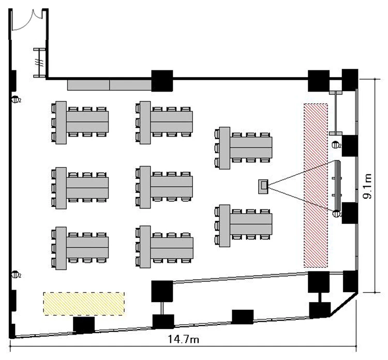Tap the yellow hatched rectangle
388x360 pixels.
coord(84,303)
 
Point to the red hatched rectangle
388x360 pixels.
coord(316,185)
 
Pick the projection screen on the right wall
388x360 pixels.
coord(338,185)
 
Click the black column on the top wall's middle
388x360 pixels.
coord(161,80)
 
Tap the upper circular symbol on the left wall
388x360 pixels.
coord(16,100)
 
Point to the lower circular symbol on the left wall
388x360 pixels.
coord(16,275)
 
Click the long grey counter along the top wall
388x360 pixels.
coord(110,84)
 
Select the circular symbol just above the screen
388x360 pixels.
coord(336,145)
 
